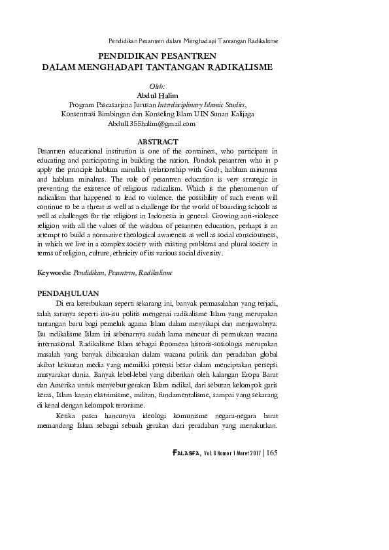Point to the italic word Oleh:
click(158, 86)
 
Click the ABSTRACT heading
click(158, 141)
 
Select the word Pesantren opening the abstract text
click(55, 150)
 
